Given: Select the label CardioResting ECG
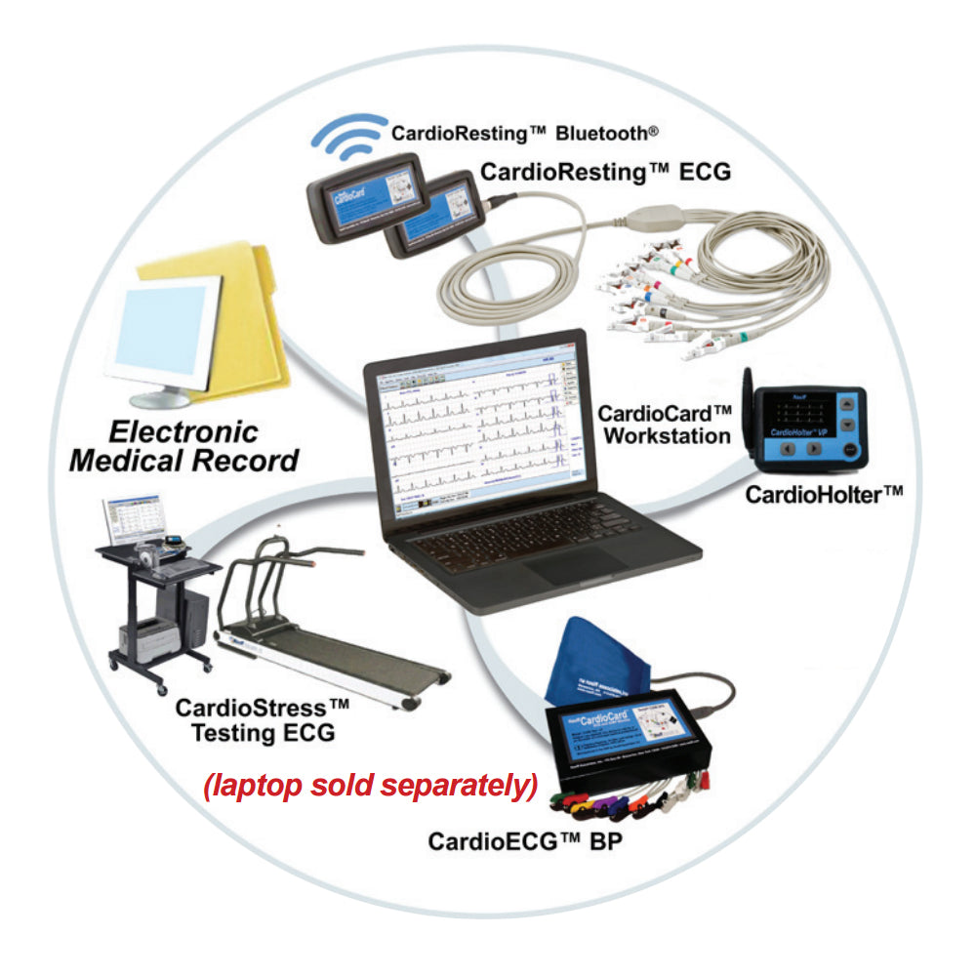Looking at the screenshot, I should (x=605, y=173).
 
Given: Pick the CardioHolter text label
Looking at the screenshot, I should (x=823, y=494).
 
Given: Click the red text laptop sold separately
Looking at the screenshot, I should (x=370, y=787).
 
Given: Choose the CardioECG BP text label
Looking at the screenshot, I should (x=533, y=838).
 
